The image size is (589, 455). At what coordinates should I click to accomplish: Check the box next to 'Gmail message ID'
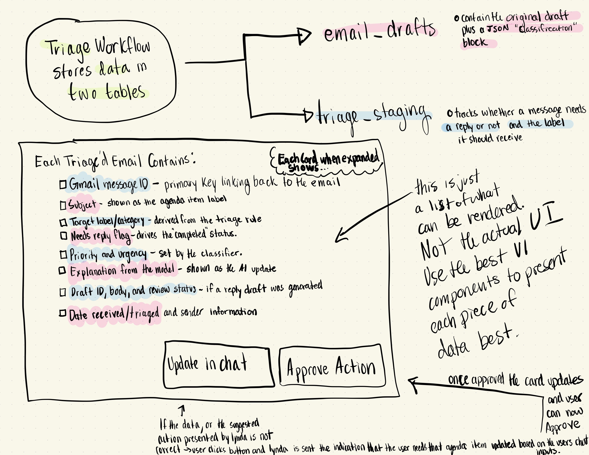(63, 185)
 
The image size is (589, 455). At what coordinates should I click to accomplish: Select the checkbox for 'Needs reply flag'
(64, 236)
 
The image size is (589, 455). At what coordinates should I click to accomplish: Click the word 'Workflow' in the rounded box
(123, 46)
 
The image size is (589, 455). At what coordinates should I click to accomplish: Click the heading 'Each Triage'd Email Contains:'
(115, 161)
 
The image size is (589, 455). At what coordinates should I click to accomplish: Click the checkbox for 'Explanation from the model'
(62, 270)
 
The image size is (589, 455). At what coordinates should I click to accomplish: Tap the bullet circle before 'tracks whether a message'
(450, 113)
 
